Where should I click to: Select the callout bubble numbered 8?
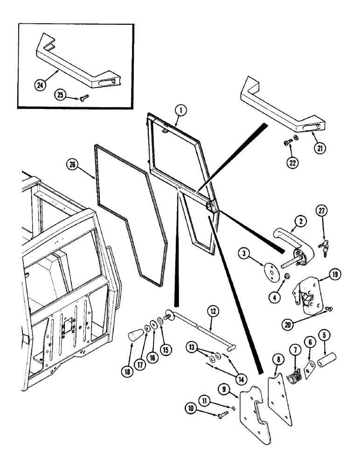[277, 359]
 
